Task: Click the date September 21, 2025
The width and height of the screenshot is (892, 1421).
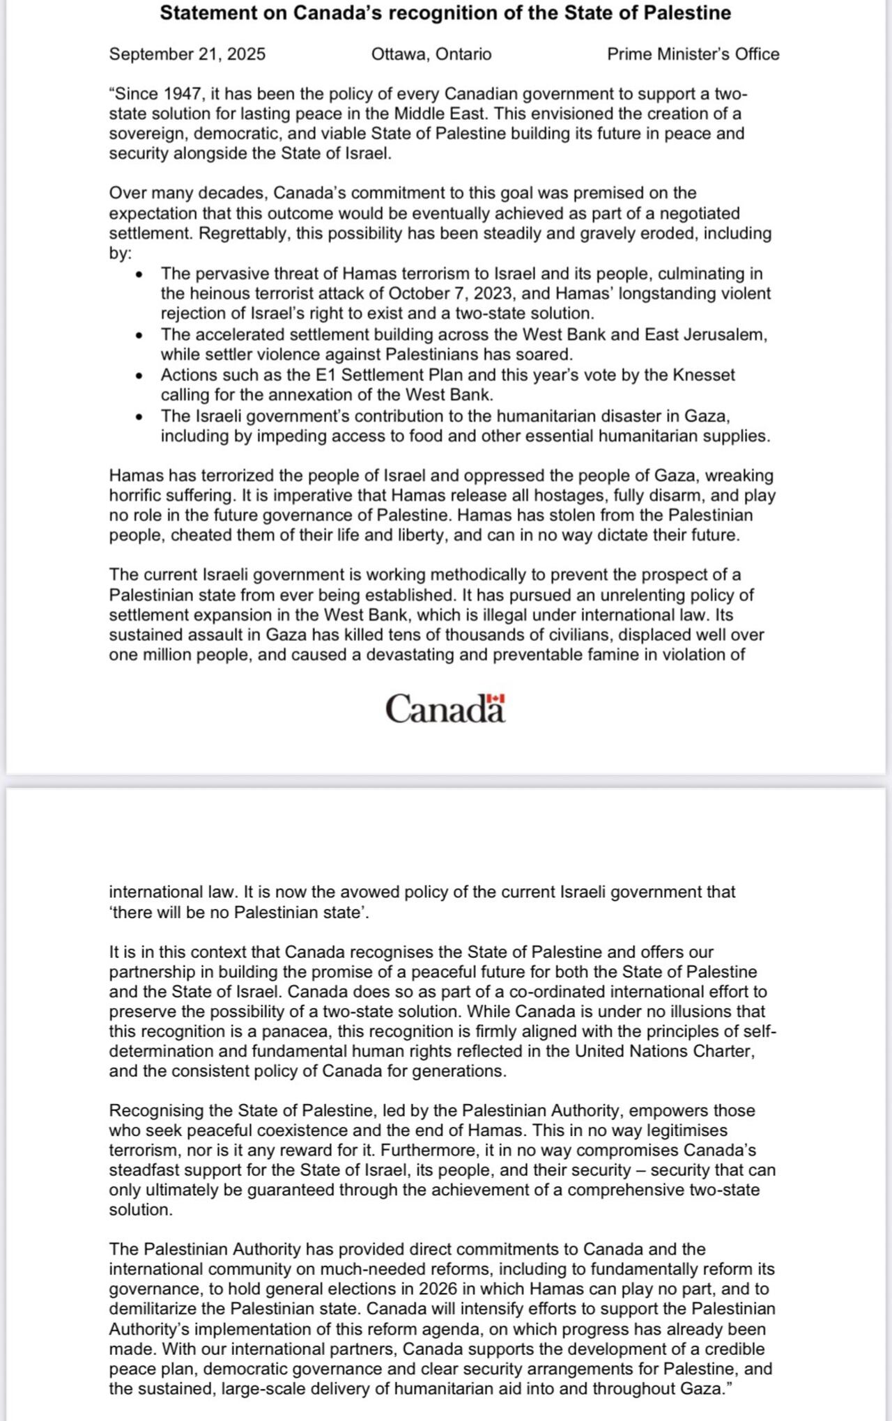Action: pos(187,54)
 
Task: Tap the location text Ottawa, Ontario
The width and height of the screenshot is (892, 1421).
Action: pos(431,54)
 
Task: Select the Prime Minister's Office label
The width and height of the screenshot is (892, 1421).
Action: pos(693,54)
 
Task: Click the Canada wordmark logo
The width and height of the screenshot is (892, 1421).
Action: pos(445,709)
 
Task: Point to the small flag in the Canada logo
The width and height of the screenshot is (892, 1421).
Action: pos(495,698)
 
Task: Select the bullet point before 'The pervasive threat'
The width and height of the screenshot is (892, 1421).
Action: pos(140,274)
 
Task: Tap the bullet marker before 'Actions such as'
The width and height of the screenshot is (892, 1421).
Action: pos(140,376)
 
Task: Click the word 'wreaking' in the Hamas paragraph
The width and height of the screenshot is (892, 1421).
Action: pos(741,476)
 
